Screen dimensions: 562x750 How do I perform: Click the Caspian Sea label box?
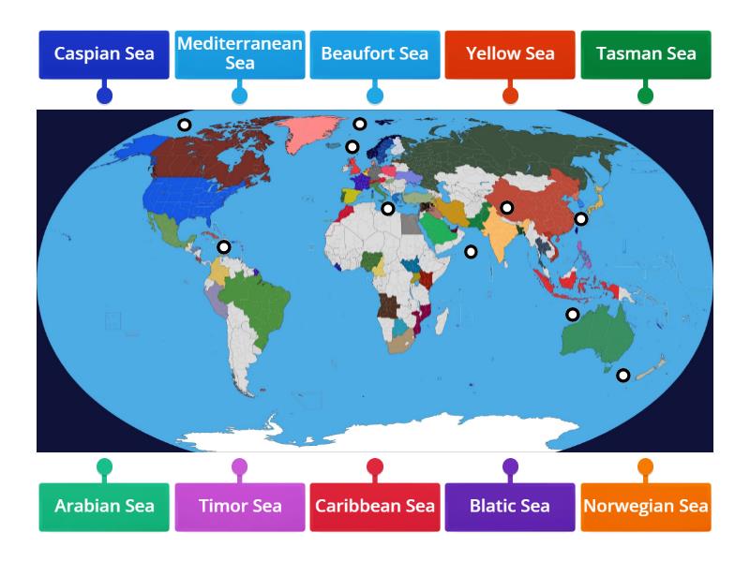click(104, 54)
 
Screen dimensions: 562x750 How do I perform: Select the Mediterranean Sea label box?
click(239, 54)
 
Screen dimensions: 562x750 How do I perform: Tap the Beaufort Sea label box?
click(375, 54)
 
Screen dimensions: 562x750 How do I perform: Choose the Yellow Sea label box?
click(510, 54)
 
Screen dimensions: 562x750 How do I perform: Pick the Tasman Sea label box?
click(646, 54)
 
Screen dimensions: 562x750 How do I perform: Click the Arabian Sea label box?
click(104, 507)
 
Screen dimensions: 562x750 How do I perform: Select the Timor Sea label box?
click(239, 507)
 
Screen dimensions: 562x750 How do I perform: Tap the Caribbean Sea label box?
click(375, 507)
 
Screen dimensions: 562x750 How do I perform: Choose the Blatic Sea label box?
click(510, 507)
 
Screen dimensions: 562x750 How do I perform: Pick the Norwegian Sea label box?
click(646, 507)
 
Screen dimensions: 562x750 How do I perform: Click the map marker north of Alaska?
click(185, 125)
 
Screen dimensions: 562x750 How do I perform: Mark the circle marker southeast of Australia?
click(622, 376)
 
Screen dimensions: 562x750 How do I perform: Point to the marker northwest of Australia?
click(572, 315)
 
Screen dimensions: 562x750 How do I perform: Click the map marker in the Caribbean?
click(224, 247)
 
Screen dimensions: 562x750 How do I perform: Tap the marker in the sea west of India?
click(471, 251)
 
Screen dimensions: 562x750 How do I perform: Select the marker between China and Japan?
click(581, 219)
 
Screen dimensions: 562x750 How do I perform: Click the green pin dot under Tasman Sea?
click(646, 96)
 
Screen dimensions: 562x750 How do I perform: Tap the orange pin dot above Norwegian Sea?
click(646, 466)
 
